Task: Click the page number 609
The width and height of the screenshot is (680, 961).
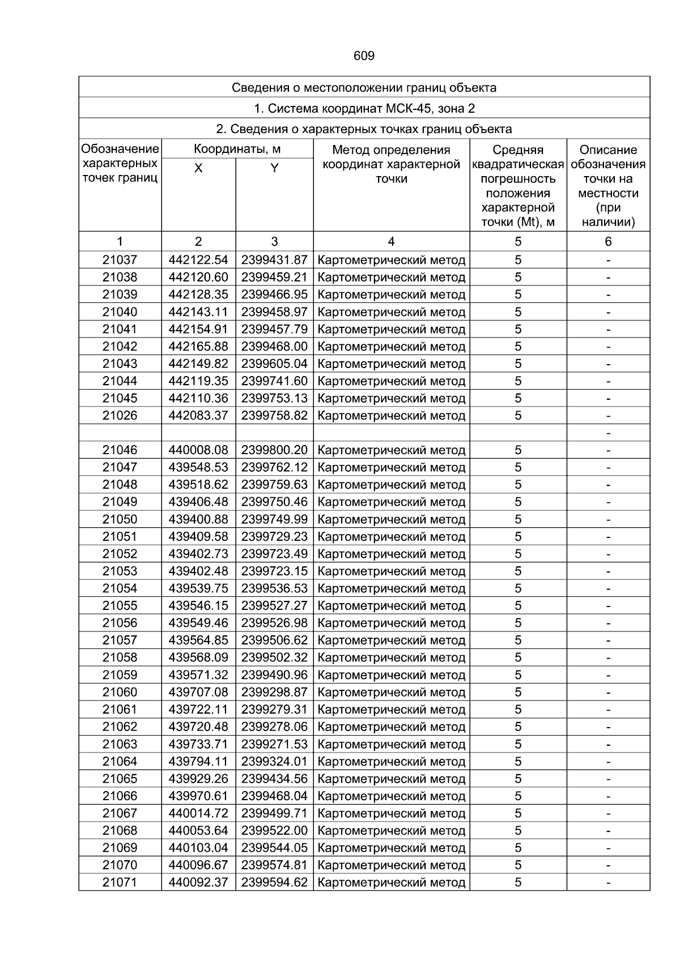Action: coord(364,56)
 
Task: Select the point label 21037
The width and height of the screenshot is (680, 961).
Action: coord(120,260)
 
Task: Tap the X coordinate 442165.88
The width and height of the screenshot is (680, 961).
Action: coord(198,347)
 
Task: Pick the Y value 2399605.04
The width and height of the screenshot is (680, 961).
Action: coord(274,364)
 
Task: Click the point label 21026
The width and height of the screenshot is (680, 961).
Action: coord(120,416)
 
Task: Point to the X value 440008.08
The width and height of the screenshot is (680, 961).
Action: coord(198,450)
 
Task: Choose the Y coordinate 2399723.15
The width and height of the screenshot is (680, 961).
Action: coord(274,571)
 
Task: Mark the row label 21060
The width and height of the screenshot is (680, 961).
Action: coord(120,692)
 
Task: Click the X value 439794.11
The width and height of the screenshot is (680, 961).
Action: coord(198,761)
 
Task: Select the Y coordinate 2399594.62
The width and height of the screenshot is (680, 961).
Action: coord(274,882)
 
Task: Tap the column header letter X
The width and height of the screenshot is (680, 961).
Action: coord(198,168)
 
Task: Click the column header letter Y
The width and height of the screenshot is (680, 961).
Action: coord(274,168)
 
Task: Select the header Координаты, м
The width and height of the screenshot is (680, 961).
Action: coord(237,150)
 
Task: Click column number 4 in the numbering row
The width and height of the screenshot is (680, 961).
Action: coord(391,242)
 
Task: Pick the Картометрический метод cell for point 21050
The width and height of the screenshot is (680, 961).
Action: coord(392,519)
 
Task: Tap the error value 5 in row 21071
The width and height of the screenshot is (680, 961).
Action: coord(518,882)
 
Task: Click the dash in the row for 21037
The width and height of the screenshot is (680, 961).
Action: coord(608,260)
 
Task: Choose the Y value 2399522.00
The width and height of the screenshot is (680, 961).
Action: coord(274,830)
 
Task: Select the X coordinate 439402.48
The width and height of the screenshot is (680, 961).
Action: coord(198,571)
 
